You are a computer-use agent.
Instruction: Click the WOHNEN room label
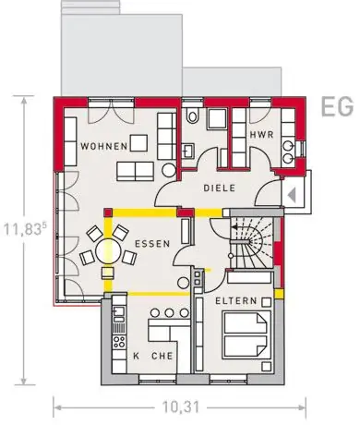[104, 146]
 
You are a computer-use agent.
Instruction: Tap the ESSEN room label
[152, 244]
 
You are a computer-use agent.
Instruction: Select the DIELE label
[220, 188]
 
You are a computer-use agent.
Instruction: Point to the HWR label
[261, 135]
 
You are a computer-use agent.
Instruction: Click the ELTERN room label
[236, 300]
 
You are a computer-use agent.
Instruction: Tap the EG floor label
[337, 106]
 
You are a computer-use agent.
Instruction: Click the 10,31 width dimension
[181, 407]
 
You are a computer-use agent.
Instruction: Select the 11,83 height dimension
[25, 229]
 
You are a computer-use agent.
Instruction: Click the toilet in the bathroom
[193, 115]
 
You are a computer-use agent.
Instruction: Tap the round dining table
[108, 250]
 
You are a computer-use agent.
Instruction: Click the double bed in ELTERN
[246, 334]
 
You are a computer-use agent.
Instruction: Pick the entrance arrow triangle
[292, 195]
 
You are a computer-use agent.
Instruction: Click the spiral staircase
[252, 242]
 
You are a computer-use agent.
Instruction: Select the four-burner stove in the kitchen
[119, 341]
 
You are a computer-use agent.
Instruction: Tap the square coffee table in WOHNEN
[138, 143]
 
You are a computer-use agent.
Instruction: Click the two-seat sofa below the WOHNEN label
[136, 171]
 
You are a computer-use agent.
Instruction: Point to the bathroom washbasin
[187, 151]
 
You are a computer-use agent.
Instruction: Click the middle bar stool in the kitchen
[169, 313]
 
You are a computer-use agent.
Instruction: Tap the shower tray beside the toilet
[217, 119]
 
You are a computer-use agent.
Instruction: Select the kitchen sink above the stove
[119, 311]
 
